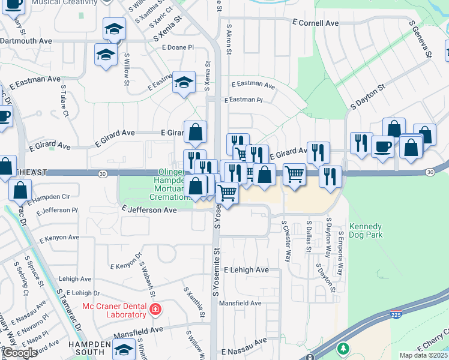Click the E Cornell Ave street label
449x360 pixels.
pos(315,23)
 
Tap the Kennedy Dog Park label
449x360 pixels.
pos(366,231)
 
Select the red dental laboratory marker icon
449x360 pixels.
pos(155,310)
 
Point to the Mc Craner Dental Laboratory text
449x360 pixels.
pos(114,310)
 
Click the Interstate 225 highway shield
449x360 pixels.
pos(397,313)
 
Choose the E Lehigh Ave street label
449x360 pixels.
pos(246,270)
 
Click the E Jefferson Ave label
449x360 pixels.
pos(149,210)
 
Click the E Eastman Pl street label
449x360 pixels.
pos(243,100)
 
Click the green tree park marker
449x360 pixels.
pos(343,349)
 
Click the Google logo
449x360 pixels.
pos(20,353)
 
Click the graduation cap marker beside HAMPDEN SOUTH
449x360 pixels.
pos(124,348)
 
